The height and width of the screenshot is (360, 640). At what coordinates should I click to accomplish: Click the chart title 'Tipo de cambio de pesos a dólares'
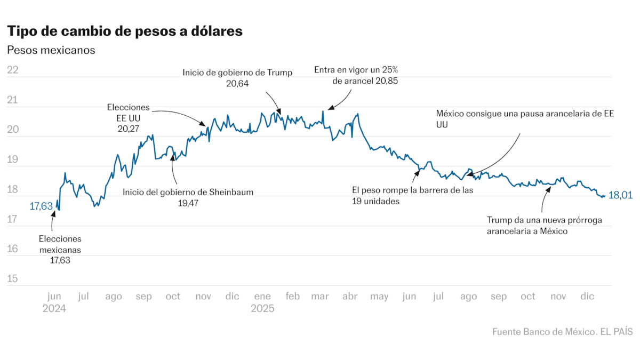[125, 31]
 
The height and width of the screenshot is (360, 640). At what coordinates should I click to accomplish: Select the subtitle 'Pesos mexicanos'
[51, 50]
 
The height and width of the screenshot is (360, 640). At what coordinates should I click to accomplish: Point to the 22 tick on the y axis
[13, 70]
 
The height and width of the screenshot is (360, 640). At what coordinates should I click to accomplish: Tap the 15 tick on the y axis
[13, 278]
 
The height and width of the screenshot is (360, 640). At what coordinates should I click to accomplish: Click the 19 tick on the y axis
[13, 159]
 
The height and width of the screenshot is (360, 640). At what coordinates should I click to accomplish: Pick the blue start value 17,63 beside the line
[41, 206]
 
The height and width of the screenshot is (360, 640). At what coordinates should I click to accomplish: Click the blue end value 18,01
[620, 195]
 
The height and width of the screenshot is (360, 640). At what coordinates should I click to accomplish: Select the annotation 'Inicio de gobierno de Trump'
[237, 73]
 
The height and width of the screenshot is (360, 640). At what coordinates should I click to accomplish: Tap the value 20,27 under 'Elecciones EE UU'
[129, 129]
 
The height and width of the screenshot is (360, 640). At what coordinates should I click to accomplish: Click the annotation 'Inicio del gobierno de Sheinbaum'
[188, 192]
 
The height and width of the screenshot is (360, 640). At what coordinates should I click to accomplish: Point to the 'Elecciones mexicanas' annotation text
[60, 244]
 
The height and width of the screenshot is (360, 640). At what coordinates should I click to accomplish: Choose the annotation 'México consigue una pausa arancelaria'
[525, 114]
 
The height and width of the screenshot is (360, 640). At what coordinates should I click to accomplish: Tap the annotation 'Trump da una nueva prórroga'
[545, 220]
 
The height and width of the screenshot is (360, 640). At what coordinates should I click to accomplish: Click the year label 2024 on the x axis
[54, 309]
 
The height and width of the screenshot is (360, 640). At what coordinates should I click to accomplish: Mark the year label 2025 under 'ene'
[262, 309]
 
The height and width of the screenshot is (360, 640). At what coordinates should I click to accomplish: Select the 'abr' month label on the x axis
[349, 297]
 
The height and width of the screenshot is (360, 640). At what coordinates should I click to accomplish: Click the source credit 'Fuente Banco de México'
[542, 331]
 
